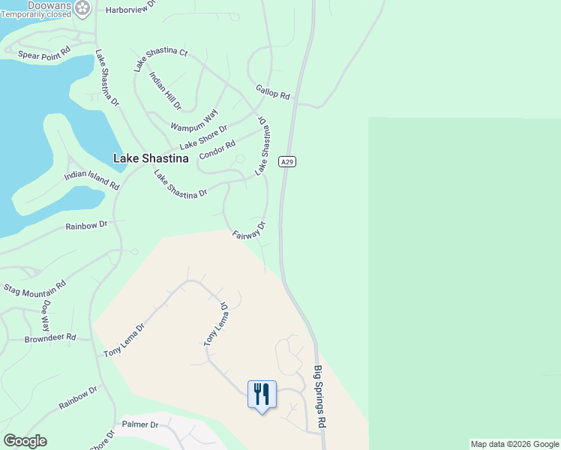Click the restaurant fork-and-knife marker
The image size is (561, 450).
tap(262, 393)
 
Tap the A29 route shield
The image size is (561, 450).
tap(286, 161)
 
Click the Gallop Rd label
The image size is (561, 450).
tap(272, 91)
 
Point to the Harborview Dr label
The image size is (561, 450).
tap(130, 4)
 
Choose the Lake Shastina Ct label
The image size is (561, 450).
tap(160, 59)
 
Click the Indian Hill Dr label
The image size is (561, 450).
tap(165, 90)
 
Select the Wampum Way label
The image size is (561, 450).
tap(193, 120)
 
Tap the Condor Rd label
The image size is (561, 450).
tap(217, 149)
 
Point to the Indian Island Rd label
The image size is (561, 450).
tap(91, 180)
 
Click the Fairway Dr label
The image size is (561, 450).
tap(249, 229)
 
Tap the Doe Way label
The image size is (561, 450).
tap(46, 316)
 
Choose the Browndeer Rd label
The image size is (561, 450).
tap(50, 338)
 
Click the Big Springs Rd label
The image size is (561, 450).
tap(320, 397)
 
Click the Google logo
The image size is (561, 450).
tap(25, 441)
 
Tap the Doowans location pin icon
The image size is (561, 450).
tap(82, 9)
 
